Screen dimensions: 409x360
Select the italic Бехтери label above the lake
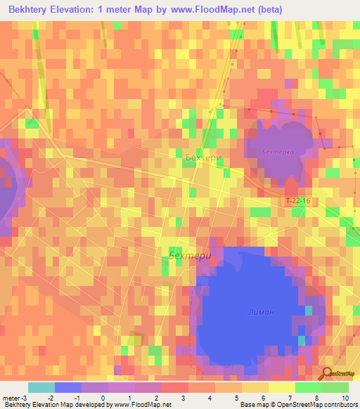[190, 256]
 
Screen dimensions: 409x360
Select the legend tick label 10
[345, 398]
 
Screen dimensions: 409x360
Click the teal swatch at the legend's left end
[41, 387]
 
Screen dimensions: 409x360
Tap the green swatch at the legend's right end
[335, 387]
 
